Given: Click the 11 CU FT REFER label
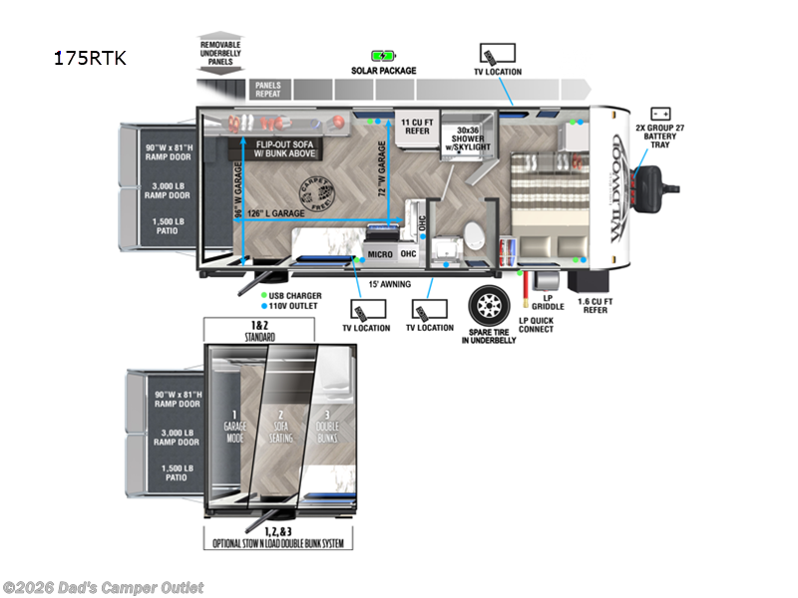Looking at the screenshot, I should pyautogui.click(x=415, y=126).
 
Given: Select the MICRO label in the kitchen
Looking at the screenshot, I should pyautogui.click(x=378, y=255).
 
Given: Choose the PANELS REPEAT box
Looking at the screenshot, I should pyautogui.click(x=267, y=89).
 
